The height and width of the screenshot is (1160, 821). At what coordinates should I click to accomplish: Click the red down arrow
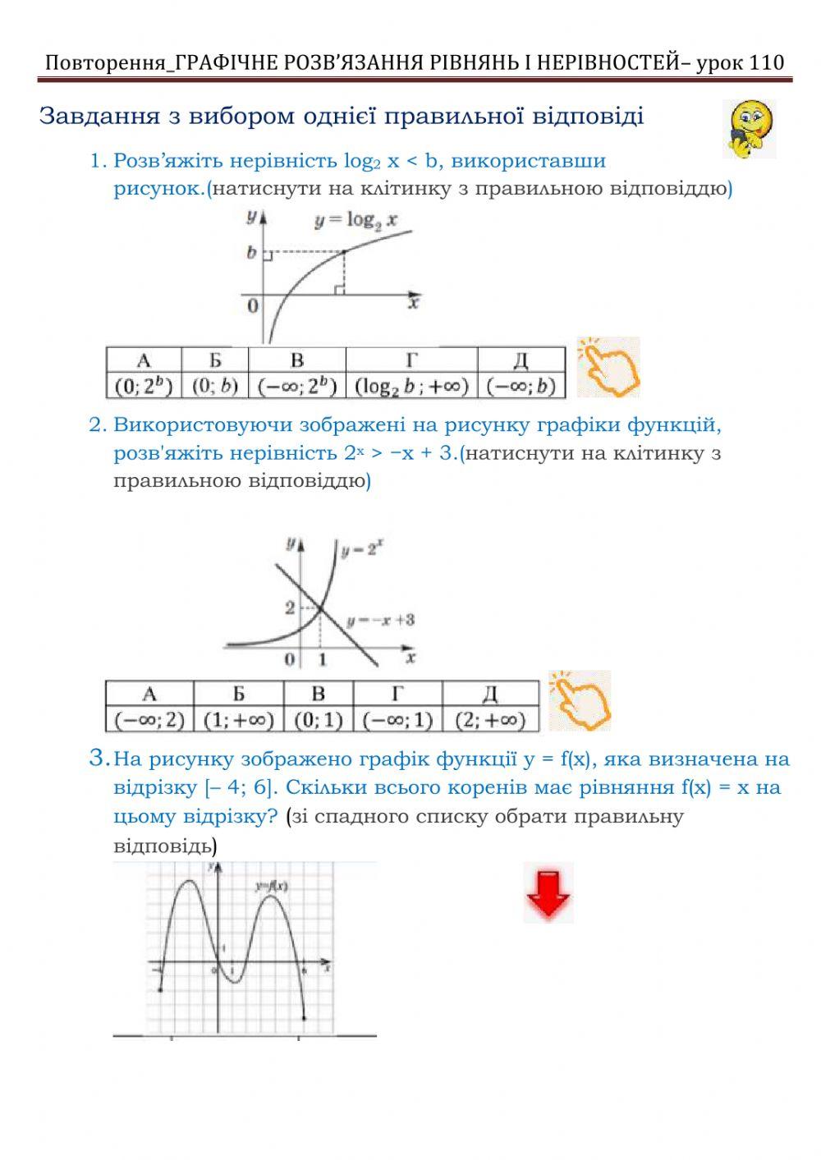click(548, 892)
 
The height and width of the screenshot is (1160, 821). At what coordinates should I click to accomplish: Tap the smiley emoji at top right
click(749, 128)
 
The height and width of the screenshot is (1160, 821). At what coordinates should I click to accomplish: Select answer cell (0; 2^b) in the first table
click(144, 386)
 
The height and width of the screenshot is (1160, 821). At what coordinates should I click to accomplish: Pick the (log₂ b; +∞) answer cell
click(411, 386)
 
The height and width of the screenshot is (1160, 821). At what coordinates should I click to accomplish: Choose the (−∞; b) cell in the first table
click(521, 386)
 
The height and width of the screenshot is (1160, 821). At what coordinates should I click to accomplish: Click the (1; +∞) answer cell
click(238, 720)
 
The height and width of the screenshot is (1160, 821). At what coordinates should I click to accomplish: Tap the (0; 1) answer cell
click(318, 720)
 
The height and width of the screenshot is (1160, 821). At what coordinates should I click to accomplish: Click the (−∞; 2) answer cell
click(149, 720)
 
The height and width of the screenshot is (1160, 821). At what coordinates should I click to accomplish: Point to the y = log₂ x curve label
click(355, 221)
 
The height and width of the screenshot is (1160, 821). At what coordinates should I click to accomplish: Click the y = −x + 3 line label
click(380, 620)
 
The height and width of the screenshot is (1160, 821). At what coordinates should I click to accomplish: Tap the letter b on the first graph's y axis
click(252, 253)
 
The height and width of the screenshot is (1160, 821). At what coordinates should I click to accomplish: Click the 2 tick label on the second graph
click(289, 608)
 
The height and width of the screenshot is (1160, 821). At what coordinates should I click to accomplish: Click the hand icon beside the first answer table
click(608, 368)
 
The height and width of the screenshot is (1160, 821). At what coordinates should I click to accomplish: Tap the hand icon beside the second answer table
click(580, 700)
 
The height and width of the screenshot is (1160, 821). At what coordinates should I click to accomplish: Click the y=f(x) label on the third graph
click(271, 886)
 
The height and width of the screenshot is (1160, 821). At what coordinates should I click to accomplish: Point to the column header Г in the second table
click(397, 694)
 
